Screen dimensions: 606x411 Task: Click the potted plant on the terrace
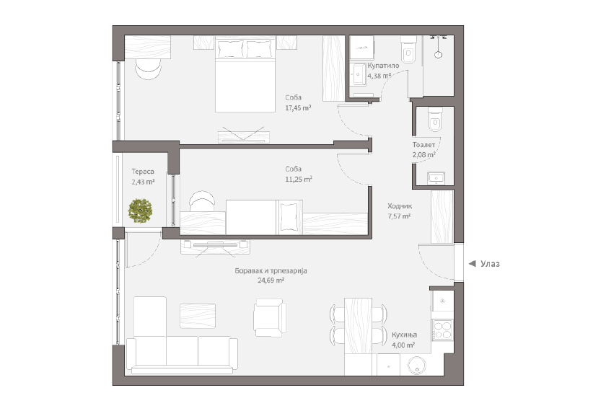click(140, 211)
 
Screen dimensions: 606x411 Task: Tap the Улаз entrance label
click(490, 264)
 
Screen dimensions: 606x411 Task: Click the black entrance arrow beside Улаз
click(472, 264)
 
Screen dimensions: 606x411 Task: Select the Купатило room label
click(383, 66)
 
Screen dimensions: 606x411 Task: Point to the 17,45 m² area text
click(299, 108)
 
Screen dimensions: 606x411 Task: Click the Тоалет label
click(423, 145)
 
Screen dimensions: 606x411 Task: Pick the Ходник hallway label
click(400, 206)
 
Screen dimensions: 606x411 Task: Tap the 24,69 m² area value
click(271, 280)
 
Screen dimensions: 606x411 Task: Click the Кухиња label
click(404, 335)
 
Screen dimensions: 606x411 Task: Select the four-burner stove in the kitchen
click(442, 330)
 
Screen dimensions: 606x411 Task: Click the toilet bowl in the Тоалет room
click(435, 120)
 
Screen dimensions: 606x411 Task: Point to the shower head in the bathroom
click(438, 55)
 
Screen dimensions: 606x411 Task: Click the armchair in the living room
click(270, 317)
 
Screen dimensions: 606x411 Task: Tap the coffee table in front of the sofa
click(198, 316)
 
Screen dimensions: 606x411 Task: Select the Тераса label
click(143, 172)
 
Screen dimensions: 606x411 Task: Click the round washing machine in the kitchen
click(417, 365)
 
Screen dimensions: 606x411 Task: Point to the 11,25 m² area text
click(299, 180)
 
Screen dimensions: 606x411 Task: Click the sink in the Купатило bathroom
click(359, 74)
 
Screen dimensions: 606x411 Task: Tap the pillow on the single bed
click(289, 217)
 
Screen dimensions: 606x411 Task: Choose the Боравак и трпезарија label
click(271, 271)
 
